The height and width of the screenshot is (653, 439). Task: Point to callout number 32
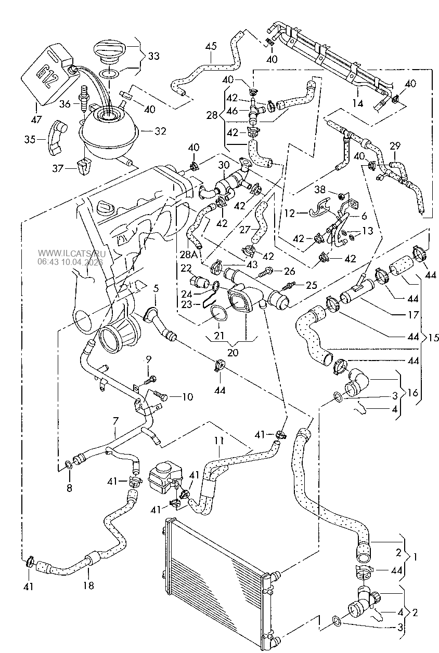pyautogui.click(x=160, y=131)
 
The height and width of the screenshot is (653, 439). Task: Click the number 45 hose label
pyautogui.click(x=210, y=47)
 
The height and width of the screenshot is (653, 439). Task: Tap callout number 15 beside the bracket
pyautogui.click(x=433, y=338)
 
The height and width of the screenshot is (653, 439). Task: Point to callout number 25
pyautogui.click(x=311, y=285)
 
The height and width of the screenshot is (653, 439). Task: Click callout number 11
pyautogui.click(x=219, y=441)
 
